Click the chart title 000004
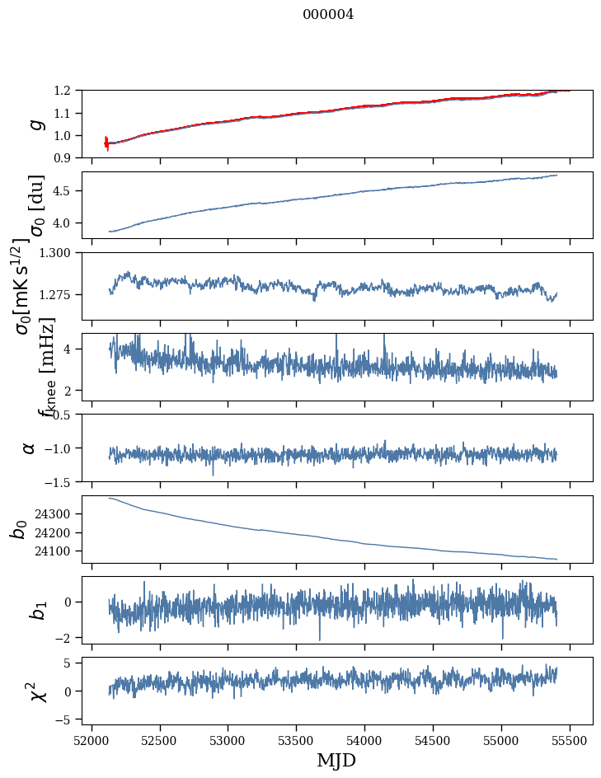click(x=328, y=14)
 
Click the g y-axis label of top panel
click(x=34, y=124)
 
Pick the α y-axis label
click(x=29, y=448)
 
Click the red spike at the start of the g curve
click(x=106, y=143)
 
